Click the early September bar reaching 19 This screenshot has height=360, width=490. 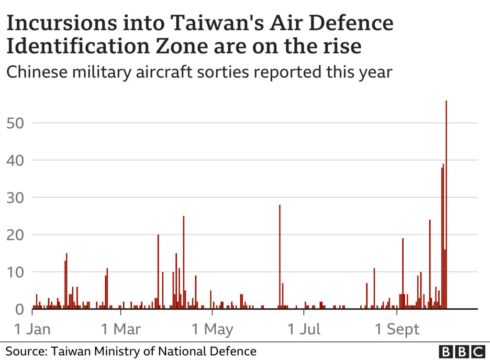[403, 273]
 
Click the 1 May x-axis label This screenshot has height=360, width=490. [212, 329]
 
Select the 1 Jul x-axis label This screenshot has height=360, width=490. [304, 329]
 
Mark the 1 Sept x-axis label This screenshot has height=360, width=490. [397, 329]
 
